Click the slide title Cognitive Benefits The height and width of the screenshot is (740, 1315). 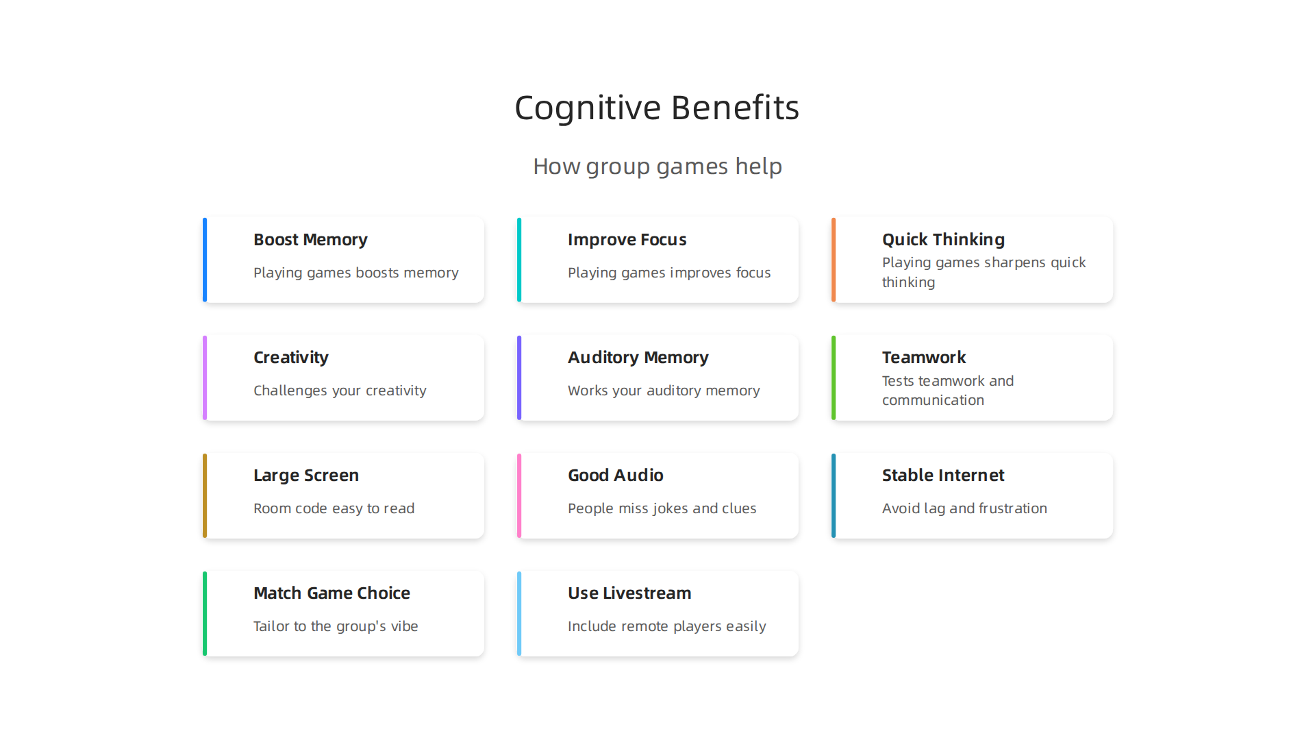coord(657,108)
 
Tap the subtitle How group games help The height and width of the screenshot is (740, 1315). coord(657,166)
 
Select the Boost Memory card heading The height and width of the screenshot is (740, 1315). coord(310,240)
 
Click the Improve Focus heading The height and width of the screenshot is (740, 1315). coord(627,240)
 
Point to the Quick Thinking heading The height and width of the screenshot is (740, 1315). coord(943,240)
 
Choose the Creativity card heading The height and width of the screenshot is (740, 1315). coord(291,358)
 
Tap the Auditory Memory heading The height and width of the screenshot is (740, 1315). coord(638,358)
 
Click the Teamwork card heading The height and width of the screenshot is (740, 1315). coord(924,358)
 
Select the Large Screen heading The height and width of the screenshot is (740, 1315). coord(306,476)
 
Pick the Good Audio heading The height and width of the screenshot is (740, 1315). coord(616,476)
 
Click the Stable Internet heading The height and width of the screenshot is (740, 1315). coord(943,476)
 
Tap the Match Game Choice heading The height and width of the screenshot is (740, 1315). coord(331,593)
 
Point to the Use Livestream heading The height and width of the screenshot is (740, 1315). coord(629,593)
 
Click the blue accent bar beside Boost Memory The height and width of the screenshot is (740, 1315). coord(205,260)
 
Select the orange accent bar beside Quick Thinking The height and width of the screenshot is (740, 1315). coord(834,260)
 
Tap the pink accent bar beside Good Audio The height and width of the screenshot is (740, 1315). coord(519,495)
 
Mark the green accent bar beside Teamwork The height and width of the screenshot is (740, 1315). coord(834,378)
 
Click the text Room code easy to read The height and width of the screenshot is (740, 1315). coord(334,508)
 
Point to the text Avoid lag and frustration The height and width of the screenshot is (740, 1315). coord(964,508)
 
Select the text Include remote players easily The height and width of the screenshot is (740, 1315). coord(666,626)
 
